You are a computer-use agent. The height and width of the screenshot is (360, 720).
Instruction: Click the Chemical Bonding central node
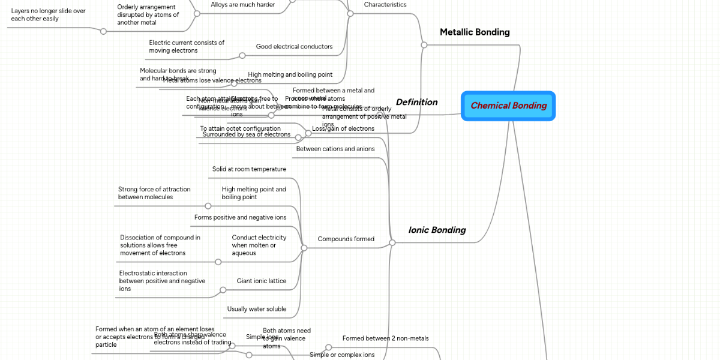508,106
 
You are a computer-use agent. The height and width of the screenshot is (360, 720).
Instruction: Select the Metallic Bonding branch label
475,32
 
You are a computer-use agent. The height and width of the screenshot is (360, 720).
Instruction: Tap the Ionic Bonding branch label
437,230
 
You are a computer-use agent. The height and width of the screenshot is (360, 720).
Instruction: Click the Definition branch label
416,102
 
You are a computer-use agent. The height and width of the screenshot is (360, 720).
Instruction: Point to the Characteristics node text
385,5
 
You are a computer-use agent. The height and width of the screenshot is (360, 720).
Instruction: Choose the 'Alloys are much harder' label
242,5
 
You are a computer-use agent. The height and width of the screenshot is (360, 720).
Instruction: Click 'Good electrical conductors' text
294,47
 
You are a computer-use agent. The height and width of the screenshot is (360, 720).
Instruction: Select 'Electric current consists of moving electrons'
187,47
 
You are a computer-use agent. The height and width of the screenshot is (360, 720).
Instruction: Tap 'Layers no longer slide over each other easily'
48,15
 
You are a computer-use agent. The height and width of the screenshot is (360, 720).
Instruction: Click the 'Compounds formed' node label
346,239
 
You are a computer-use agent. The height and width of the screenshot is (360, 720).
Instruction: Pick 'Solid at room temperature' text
249,169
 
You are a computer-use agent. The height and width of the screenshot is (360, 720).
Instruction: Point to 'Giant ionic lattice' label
261,281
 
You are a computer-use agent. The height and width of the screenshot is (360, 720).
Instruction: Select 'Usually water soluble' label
256,309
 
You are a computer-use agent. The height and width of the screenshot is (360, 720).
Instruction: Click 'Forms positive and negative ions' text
240,217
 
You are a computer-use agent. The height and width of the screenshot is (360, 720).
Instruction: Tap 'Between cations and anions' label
335,149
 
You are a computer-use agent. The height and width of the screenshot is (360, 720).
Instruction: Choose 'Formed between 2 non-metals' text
385,338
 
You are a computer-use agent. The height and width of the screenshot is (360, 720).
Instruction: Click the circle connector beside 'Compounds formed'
304,247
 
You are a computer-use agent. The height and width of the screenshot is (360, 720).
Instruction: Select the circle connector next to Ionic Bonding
392,243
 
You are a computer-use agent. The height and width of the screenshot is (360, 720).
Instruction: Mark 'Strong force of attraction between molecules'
154,193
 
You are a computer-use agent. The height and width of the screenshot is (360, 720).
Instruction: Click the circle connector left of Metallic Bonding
424,45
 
